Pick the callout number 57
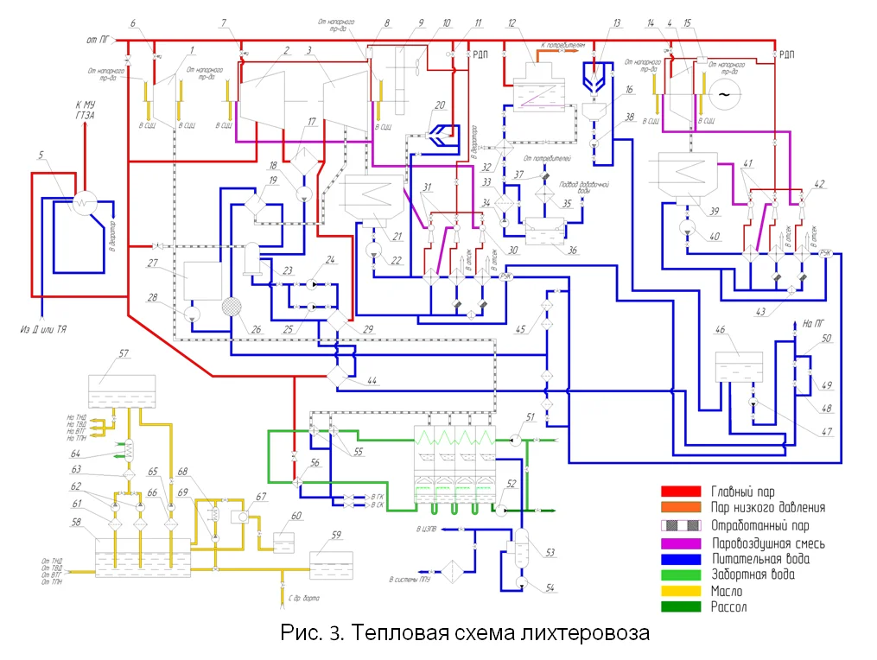[x=123, y=354]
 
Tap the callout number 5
[x=41, y=156]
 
